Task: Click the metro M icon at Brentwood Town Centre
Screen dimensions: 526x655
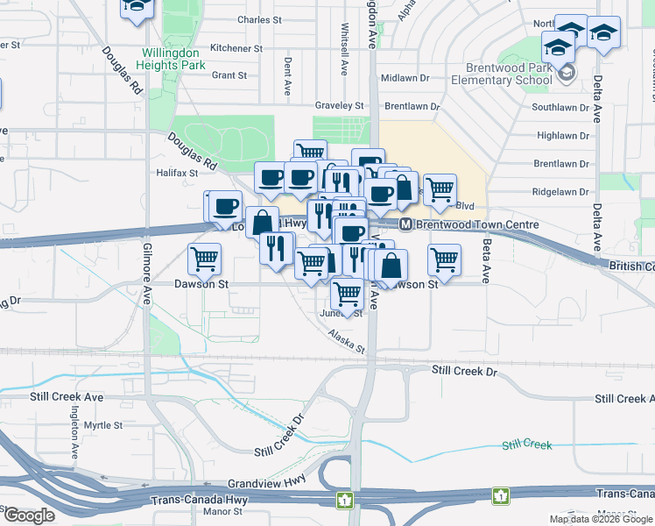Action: point(406,224)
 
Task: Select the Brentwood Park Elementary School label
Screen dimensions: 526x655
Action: point(501,74)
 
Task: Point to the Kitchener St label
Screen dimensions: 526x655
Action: point(236,48)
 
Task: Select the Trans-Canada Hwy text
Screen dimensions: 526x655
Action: point(200,501)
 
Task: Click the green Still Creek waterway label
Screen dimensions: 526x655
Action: point(526,445)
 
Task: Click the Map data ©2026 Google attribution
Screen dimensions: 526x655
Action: point(601,519)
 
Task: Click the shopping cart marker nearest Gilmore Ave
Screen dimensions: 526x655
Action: point(205,259)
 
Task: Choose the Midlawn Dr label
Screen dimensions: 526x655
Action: point(405,78)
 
